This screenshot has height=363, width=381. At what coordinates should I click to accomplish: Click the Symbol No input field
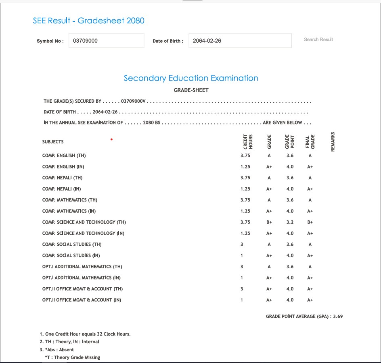pos(106,41)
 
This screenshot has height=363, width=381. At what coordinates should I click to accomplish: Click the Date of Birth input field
pos(240,41)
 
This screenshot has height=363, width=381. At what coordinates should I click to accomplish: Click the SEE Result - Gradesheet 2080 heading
pos(88,21)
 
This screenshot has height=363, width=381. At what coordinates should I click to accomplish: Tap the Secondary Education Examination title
pos(191,78)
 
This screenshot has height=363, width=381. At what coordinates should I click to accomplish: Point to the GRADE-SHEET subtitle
pos(191,90)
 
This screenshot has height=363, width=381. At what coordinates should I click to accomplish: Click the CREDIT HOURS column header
pos(248,142)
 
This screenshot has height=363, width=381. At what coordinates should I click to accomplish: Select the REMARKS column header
pos(333,142)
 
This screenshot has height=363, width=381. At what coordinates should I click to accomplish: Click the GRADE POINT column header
pos(290,142)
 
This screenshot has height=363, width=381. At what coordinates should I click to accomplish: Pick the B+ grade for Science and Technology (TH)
pos(269,222)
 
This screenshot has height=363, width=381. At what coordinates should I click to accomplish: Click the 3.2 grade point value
pos(290,222)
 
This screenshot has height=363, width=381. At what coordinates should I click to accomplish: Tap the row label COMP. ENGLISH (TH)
pos(64,156)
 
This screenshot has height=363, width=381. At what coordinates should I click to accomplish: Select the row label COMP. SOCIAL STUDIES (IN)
pos(71,255)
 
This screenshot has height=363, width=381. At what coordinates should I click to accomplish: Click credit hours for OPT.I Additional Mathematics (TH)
pos(242,267)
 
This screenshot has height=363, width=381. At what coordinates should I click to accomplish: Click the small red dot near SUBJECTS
pos(111,140)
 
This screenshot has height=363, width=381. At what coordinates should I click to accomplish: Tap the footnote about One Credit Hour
pos(85,334)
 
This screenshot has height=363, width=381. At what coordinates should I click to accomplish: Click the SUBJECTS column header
pos(53,142)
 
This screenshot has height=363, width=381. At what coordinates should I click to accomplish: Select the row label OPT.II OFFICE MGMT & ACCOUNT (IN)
pos(82,300)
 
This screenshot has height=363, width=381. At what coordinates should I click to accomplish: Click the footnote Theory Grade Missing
pos(73,357)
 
